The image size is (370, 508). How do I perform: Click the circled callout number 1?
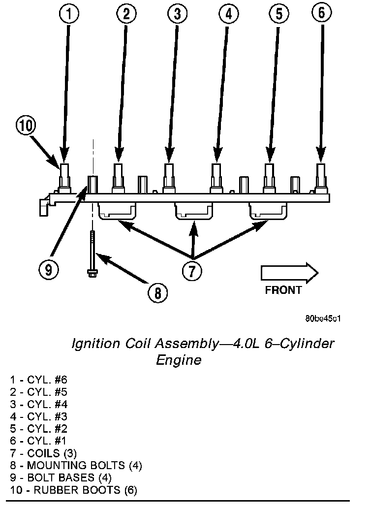pyautogui.click(x=69, y=14)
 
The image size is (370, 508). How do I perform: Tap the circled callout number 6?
pyautogui.click(x=321, y=13)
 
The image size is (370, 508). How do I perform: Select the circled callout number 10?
pyautogui.click(x=26, y=127)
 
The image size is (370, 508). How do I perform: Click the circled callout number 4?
pyautogui.click(x=227, y=14)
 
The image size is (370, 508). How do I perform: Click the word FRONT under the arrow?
pyautogui.click(x=283, y=290)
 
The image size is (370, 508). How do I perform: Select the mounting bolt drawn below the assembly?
pyautogui.click(x=92, y=254)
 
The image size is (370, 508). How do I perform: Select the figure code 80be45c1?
pyautogui.click(x=323, y=318)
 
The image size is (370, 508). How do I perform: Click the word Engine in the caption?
pyautogui.click(x=179, y=360)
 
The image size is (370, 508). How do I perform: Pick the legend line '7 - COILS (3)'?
pyautogui.click(x=43, y=453)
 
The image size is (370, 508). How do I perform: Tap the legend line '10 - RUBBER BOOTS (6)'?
pyautogui.click(x=73, y=490)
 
